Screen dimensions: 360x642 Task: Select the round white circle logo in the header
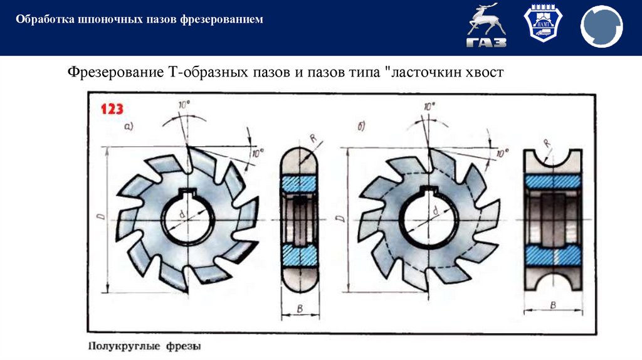click(x=601, y=27)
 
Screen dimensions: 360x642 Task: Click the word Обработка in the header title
click(x=39, y=20)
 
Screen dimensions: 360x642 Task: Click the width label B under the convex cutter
click(x=298, y=307)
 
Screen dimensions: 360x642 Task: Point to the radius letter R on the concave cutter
click(x=547, y=144)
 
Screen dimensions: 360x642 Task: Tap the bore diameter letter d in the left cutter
click(x=182, y=214)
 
